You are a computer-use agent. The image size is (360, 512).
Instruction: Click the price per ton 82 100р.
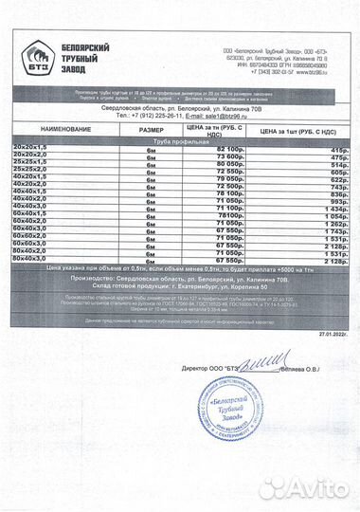pos(230,151)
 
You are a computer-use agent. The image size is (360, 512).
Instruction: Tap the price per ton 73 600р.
pos(230,158)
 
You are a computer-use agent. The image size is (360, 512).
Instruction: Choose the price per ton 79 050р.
pos(230,180)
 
